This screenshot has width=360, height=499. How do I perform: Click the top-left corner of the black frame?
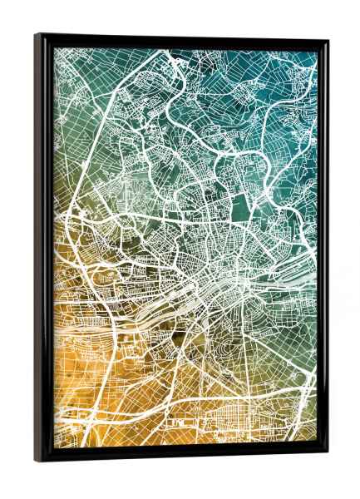point(37,36)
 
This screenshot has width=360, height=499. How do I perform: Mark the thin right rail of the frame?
point(323,249)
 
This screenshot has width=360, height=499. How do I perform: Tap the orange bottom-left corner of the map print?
point(60,441)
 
